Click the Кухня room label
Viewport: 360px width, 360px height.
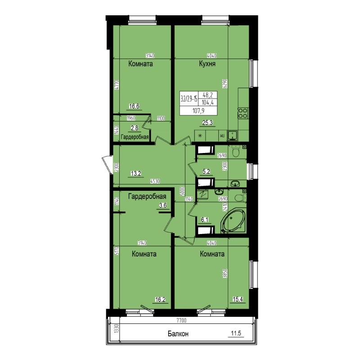click(207, 64)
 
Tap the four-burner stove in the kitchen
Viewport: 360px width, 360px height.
click(243, 112)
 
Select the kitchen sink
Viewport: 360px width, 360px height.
click(233, 134)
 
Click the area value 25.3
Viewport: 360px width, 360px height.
click(207, 121)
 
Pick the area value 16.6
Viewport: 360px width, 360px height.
click(134, 107)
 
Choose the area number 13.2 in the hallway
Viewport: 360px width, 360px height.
click(136, 173)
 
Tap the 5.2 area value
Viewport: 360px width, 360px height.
click(207, 171)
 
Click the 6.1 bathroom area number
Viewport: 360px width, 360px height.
click(205, 220)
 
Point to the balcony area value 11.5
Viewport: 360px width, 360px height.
click(236, 333)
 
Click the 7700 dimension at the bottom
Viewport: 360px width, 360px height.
click(181, 320)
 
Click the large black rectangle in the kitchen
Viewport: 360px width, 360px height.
click(198, 103)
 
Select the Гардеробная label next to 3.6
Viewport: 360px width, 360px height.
click(148, 196)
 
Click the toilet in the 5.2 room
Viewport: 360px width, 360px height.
click(234, 153)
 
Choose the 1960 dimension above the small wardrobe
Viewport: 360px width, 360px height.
click(131, 118)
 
